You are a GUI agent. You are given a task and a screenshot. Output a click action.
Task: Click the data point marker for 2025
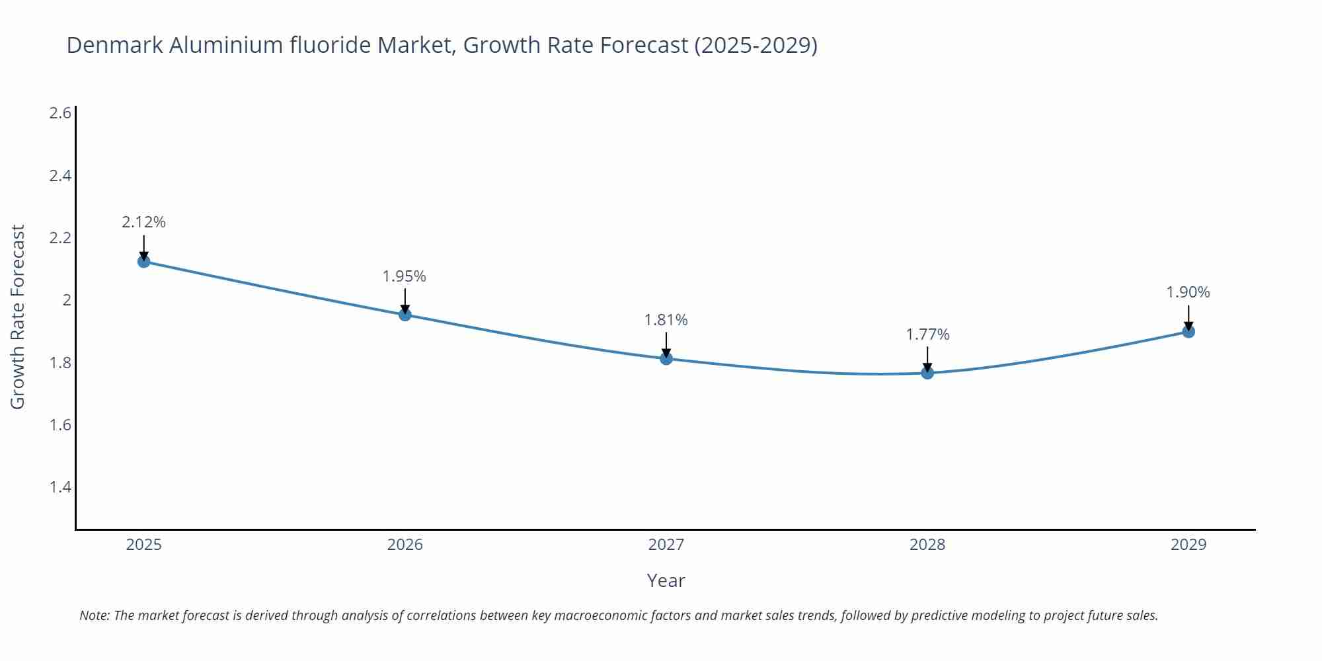tap(143, 261)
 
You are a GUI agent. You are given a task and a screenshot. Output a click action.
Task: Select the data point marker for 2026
tap(405, 314)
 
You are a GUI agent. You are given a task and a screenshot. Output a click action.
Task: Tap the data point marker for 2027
tap(666, 358)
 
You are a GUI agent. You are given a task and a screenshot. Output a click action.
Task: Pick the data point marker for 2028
tap(927, 373)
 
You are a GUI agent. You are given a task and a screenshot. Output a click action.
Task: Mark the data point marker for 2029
tap(1188, 331)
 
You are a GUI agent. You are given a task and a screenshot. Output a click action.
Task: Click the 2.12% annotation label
tap(143, 222)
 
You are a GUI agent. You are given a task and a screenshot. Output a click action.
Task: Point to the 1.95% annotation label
tap(405, 276)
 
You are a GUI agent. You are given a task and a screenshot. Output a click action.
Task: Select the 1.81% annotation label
tap(666, 320)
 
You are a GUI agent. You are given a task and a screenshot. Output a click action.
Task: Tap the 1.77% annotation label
tap(927, 334)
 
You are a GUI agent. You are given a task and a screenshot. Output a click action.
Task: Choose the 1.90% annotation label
tap(1188, 292)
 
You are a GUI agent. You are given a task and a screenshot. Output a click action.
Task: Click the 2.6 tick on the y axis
tap(60, 113)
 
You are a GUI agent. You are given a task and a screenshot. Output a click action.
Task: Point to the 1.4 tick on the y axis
tap(60, 487)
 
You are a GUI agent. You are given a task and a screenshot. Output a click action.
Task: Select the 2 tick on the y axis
tap(67, 300)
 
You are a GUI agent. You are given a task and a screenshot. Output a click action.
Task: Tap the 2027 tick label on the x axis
tap(666, 545)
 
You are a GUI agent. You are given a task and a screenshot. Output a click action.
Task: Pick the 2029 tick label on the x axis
tap(1188, 545)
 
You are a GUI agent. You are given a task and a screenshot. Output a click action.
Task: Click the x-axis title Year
tap(666, 580)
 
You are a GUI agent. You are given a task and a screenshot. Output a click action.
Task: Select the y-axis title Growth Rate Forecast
tap(18, 317)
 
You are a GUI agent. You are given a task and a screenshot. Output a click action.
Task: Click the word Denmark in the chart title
tap(116, 45)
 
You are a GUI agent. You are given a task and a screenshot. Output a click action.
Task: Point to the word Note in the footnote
tap(95, 615)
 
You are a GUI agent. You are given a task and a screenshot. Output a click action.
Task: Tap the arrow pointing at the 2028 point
tap(927, 360)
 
